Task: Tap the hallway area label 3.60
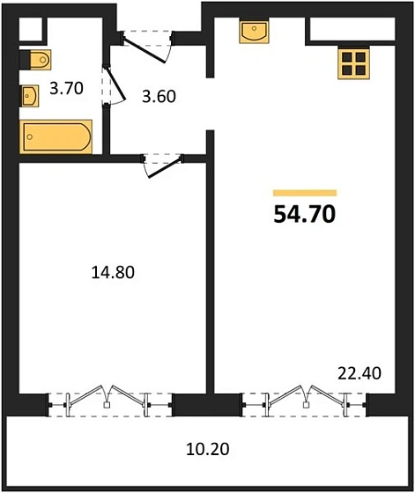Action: [x=159, y=95]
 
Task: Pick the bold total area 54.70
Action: [x=304, y=213]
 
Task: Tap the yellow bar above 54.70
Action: [x=304, y=192]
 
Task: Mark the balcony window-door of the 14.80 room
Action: [x=109, y=402]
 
